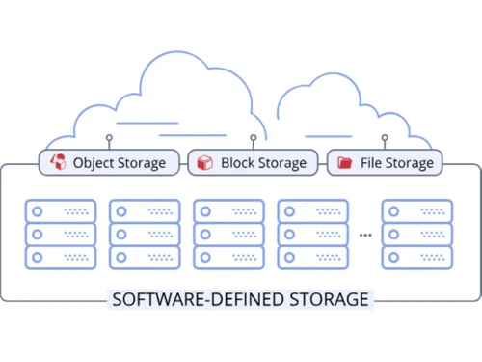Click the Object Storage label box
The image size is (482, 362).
[x=109, y=162]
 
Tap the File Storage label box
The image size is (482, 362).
[x=385, y=162]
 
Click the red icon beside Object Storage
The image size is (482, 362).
[x=58, y=162]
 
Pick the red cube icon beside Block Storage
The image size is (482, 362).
[x=204, y=162]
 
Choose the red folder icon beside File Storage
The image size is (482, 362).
[x=344, y=162]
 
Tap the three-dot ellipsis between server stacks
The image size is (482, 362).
[x=365, y=235]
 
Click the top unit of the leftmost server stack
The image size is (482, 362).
[x=61, y=210]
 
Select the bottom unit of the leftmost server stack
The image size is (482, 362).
[x=61, y=257]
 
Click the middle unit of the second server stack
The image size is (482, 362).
[x=145, y=234]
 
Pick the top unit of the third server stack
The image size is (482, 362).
[x=228, y=210]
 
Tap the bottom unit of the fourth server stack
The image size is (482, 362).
[x=312, y=257]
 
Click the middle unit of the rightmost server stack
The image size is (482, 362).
[x=417, y=234]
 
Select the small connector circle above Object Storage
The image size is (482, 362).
[x=109, y=138]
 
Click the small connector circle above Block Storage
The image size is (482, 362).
[x=254, y=138]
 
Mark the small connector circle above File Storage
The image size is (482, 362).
[x=385, y=138]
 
